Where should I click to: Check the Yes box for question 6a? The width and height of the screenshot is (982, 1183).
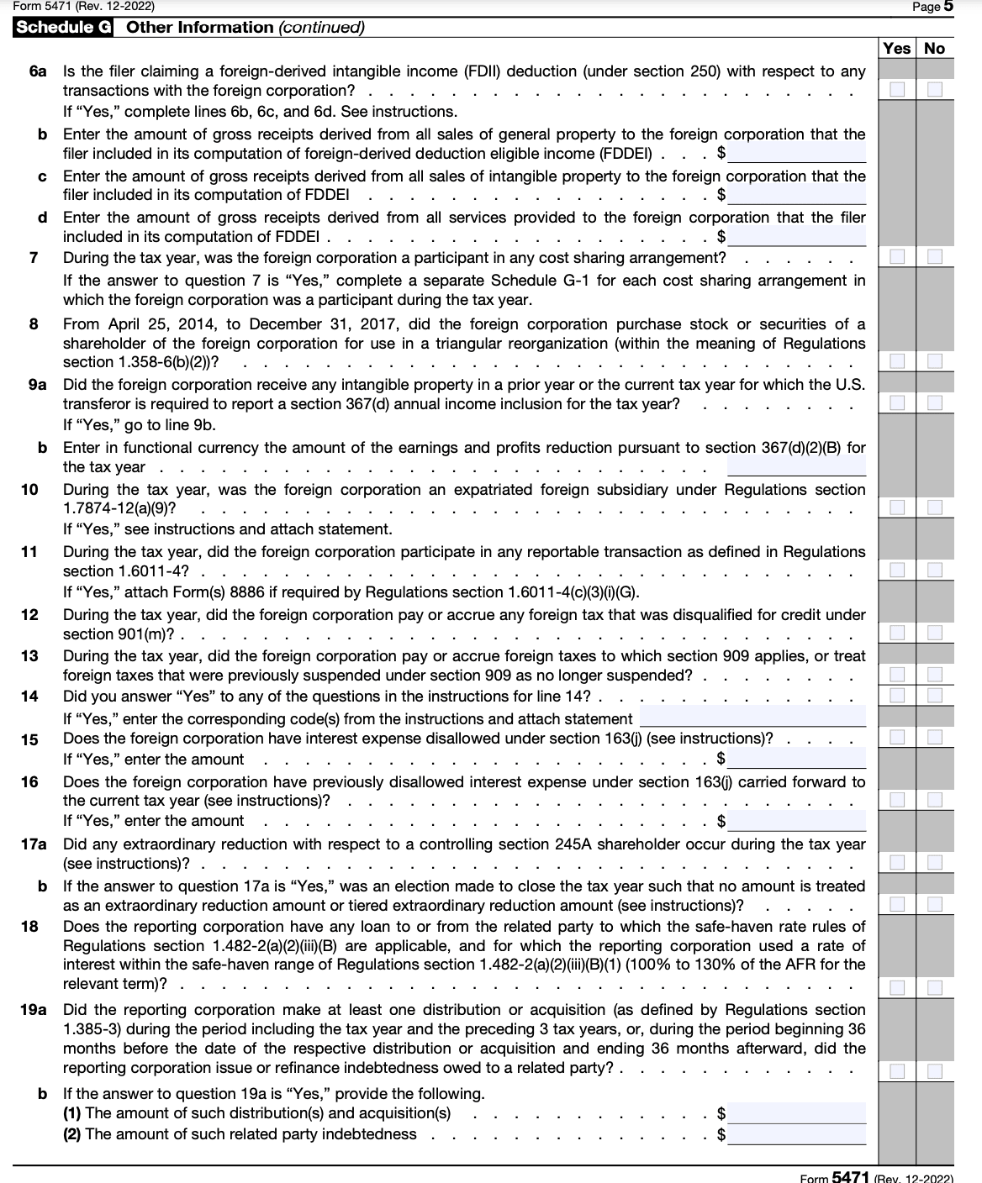click(897, 89)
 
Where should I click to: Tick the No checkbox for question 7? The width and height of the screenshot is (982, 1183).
click(935, 255)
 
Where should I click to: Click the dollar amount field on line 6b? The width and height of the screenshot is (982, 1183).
click(796, 154)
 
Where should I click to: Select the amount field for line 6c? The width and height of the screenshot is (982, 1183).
click(796, 195)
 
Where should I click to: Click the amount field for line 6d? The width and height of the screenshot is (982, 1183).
click(796, 236)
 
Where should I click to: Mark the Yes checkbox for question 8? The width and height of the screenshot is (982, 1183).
click(897, 361)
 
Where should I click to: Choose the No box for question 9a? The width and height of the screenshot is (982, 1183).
click(935, 402)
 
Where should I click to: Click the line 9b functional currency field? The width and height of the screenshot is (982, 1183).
click(796, 466)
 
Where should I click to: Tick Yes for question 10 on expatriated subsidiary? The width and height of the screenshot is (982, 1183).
click(897, 507)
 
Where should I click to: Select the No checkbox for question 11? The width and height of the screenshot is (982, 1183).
click(935, 570)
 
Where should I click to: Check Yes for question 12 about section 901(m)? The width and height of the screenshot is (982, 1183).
click(897, 632)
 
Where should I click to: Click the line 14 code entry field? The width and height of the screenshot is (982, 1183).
click(752, 718)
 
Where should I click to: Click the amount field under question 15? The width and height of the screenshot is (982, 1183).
click(796, 759)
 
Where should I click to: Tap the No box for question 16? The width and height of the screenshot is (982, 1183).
click(935, 798)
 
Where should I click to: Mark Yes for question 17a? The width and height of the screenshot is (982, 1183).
click(897, 862)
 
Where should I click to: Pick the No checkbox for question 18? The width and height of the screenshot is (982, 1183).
click(935, 985)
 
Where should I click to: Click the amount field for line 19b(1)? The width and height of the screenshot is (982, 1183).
click(796, 1113)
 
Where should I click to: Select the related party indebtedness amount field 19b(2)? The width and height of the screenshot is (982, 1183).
click(796, 1134)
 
